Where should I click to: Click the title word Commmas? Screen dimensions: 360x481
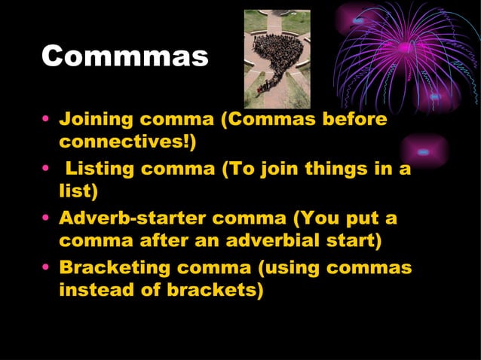pos(124,57)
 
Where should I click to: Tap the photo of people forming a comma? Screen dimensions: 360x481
pos(277,59)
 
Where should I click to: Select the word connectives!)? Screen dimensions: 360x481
pos(127,142)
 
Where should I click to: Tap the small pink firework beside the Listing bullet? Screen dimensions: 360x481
pos(424,152)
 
